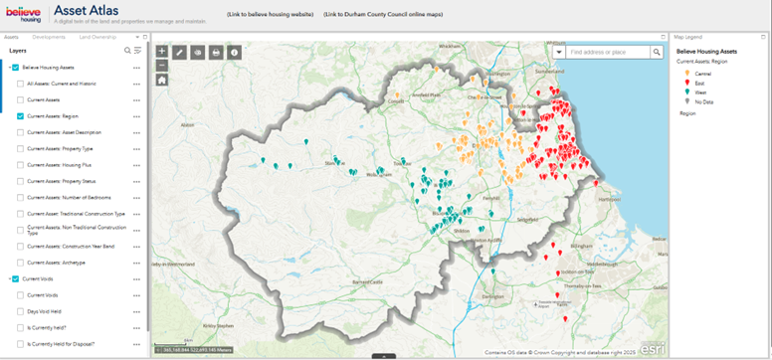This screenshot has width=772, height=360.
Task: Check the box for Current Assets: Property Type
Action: point(21,148)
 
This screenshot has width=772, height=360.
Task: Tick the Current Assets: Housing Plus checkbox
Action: point(21,164)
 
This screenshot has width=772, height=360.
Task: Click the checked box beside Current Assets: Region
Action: point(21,115)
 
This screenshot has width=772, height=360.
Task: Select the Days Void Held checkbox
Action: point(21,311)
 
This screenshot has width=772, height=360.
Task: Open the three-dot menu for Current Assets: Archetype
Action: point(136,263)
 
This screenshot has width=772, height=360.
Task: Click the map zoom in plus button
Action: point(162,51)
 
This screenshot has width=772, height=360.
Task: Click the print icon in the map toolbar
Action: point(216,52)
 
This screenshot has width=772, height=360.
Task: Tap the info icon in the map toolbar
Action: point(234,52)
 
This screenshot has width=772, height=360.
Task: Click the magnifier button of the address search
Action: point(658,52)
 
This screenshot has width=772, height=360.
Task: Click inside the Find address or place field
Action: point(609,52)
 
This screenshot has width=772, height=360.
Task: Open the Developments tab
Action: point(49,36)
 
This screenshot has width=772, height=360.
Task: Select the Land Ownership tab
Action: point(97,36)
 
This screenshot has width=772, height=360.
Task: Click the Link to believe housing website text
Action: point(270,15)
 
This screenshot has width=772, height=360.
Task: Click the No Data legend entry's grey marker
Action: point(683,100)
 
